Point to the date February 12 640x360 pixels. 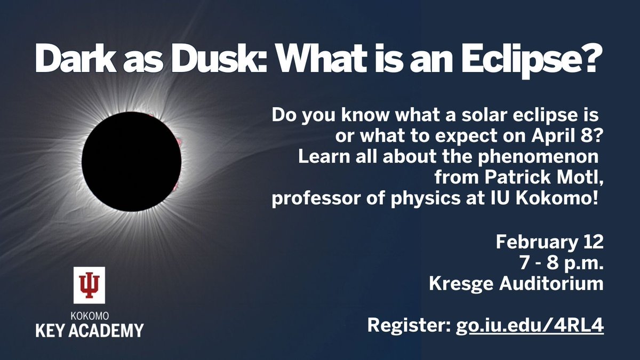(x=549, y=243)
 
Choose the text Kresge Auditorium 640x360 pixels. (x=516, y=284)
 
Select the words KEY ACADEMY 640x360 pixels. (x=90, y=330)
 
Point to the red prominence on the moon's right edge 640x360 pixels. (x=179, y=140)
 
